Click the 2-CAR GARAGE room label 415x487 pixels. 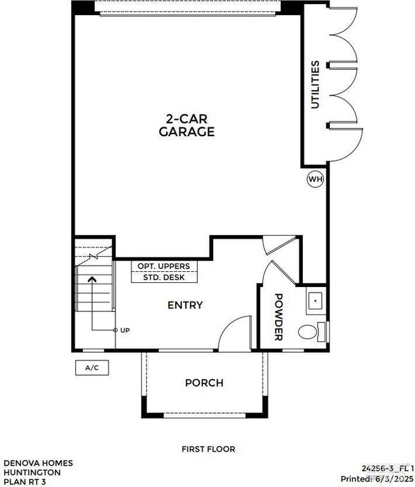tap(187, 125)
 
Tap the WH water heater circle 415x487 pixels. tap(315, 179)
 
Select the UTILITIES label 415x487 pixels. tap(315, 84)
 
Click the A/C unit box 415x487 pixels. tap(92, 368)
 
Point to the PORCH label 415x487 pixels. tap(204, 383)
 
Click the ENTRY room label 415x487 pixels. tap(185, 305)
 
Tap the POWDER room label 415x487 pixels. tap(279, 317)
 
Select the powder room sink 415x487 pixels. tap(315, 301)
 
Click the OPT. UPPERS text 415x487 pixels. tap(164, 266)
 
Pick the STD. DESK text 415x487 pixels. tap(164, 277)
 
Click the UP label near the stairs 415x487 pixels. tap(125, 330)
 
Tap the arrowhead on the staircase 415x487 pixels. tap(92, 279)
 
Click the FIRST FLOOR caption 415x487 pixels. tap(208, 449)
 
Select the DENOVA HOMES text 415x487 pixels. tap(38, 463)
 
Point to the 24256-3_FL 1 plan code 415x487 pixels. tap(387, 468)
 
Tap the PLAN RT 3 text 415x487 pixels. tap(24, 481)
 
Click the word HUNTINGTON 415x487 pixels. tap(33, 472)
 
